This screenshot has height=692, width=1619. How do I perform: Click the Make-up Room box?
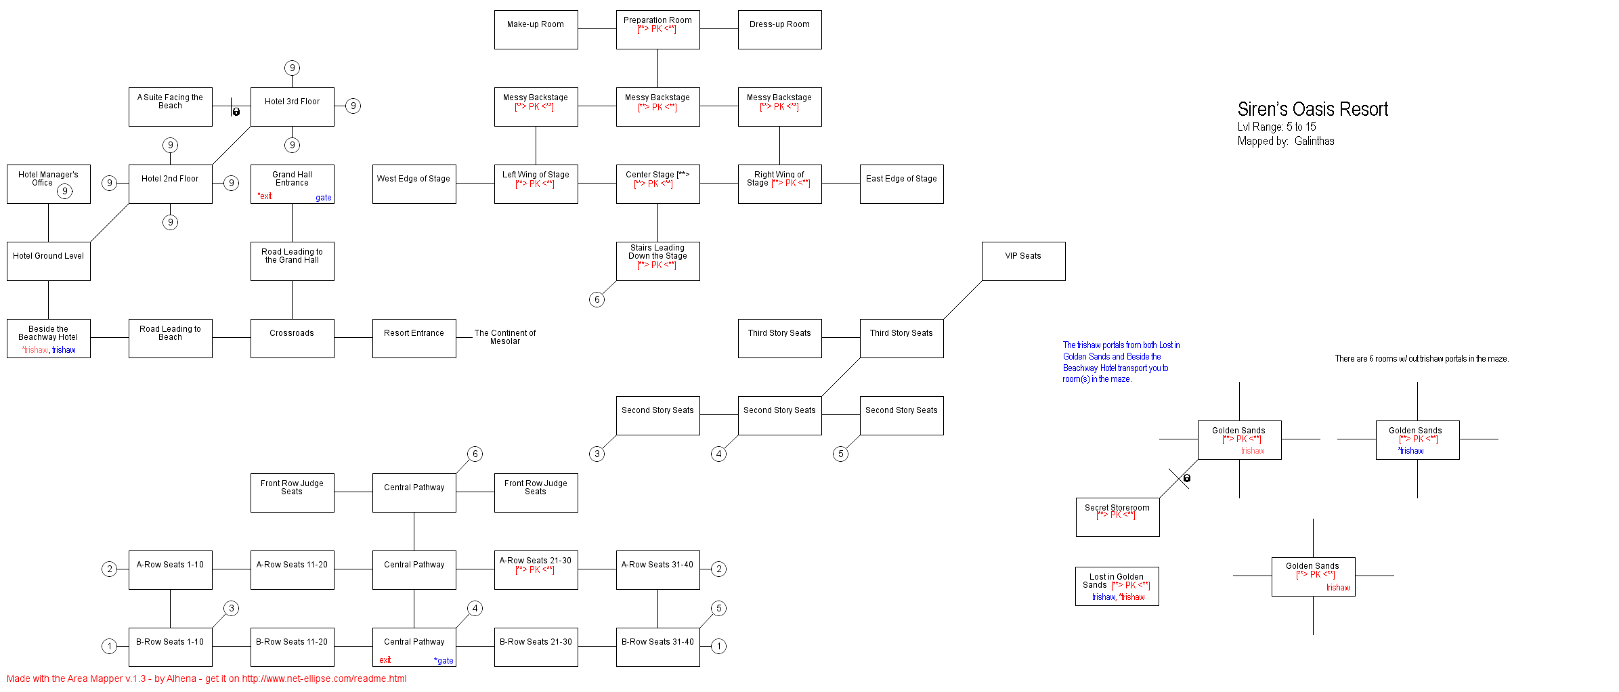pos(536,30)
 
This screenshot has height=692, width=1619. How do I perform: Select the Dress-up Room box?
pos(779,30)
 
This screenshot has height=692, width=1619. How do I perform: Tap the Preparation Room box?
pos(657,30)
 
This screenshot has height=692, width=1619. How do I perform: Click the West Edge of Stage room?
pos(414,184)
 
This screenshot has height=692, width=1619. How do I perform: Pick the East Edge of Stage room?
pos(901,184)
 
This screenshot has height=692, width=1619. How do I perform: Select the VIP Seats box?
pos(1023,261)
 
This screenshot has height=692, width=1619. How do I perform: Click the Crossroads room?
pos(292,339)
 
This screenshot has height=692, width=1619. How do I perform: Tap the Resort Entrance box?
pos(414,339)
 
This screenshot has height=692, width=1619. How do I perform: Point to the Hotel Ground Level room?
pos(48,261)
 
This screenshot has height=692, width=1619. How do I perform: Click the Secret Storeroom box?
pos(1117,517)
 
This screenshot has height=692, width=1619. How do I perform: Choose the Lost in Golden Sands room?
pos(1117,586)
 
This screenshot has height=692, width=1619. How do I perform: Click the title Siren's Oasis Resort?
pos(1312,109)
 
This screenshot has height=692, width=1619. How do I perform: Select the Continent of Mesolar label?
pos(505,337)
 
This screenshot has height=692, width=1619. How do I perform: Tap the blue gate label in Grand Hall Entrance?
pos(324,198)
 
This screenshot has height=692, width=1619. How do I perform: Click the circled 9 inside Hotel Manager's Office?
pos(65,191)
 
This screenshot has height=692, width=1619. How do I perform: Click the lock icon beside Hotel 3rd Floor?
pos(236,112)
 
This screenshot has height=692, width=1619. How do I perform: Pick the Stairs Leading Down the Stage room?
pos(657,261)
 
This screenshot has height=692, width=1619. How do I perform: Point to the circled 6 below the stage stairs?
pos(597,299)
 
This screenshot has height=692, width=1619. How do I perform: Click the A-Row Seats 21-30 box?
pos(536,570)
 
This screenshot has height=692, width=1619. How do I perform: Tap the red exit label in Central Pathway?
pos(385,660)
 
